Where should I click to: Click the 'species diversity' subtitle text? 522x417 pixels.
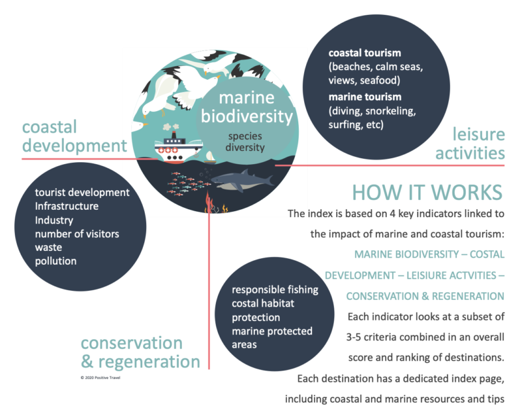tap(245, 142)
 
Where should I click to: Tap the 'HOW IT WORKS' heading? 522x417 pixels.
tap(427, 193)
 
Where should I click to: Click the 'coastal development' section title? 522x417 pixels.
tap(72, 135)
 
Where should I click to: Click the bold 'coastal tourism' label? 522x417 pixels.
tap(365, 52)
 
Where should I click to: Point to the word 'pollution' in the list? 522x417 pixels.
tap(56, 261)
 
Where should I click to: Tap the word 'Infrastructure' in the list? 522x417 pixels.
tap(67, 206)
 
